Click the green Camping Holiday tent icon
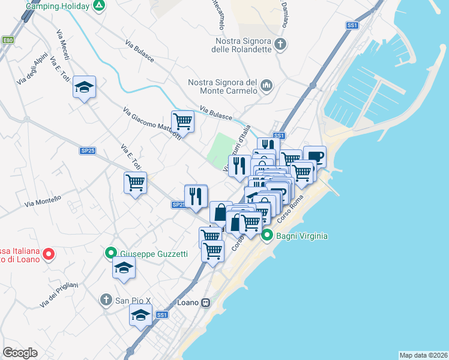pyautogui.click(x=100, y=7)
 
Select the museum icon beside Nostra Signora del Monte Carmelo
pyautogui.click(x=267, y=88)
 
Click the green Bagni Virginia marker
pyautogui.click(x=267, y=236)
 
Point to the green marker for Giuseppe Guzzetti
pyautogui.click(x=111, y=253)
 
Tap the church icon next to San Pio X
pyautogui.click(x=106, y=299)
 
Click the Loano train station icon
pyautogui.click(x=206, y=302)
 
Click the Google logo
pyautogui.click(x=20, y=352)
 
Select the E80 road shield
pyautogui.click(x=7, y=40)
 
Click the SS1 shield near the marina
pyautogui.click(x=352, y=25)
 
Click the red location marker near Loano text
pyautogui.click(x=49, y=253)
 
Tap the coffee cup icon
pyautogui.click(x=315, y=157)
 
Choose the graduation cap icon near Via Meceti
pyautogui.click(x=85, y=88)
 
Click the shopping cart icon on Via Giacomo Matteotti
pyautogui.click(x=182, y=121)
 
